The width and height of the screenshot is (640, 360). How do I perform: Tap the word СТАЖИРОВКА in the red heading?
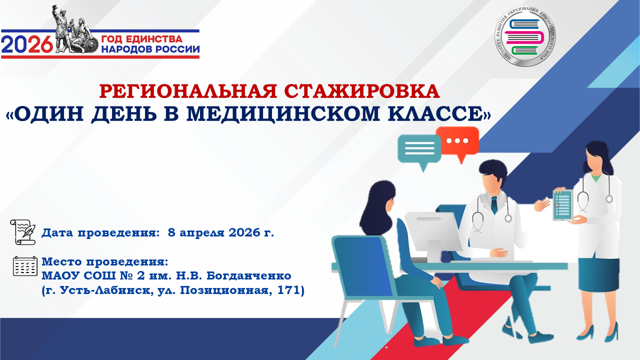tap(362, 91)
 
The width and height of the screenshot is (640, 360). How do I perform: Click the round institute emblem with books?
tap(525, 36)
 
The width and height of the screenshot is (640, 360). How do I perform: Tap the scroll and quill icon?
tap(23, 232)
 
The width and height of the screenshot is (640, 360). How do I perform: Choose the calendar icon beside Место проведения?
tap(25, 266)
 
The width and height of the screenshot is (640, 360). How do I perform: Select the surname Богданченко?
tap(249, 275)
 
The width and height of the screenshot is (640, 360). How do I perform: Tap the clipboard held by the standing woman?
tap(562, 205)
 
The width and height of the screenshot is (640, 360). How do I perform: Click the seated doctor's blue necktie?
tap(494, 204)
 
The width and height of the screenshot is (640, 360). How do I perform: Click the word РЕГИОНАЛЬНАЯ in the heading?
tap(188, 91)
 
